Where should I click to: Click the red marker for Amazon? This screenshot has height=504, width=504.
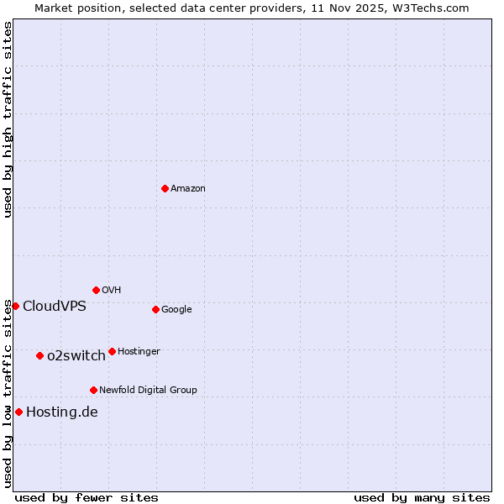click(165, 188)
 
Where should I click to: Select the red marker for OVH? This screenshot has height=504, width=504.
click(96, 290)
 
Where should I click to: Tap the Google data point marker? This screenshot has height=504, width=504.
click(155, 309)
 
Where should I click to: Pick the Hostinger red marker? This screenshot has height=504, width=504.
click(112, 351)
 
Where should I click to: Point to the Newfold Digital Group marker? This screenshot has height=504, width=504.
click(93, 390)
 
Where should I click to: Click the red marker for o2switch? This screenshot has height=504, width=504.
click(39, 355)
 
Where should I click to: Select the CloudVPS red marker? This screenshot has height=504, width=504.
click(15, 306)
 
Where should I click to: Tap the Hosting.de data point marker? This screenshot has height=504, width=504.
click(18, 412)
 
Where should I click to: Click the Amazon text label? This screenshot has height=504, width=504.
click(188, 188)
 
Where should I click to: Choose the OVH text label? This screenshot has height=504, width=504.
click(112, 290)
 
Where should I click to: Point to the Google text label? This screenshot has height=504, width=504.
click(176, 309)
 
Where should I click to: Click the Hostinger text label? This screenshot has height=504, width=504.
click(139, 351)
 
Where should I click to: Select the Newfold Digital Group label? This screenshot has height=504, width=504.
click(148, 390)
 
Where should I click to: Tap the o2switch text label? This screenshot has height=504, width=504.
click(76, 355)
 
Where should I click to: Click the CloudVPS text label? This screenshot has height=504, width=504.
click(55, 306)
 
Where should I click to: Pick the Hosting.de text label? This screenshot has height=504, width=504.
click(62, 412)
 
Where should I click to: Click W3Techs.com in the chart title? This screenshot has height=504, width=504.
click(428, 8)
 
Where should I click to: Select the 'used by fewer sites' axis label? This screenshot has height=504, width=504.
click(87, 497)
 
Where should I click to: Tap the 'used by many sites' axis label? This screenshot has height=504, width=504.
click(422, 497)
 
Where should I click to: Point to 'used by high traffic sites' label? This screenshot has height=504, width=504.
click(8, 120)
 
